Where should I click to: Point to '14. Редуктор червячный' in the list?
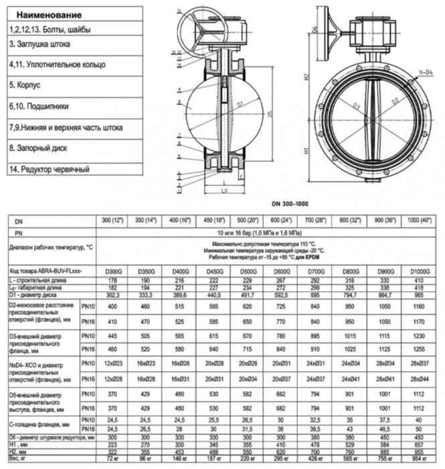[x=50, y=169]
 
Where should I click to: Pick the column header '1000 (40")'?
[x=419, y=220]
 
